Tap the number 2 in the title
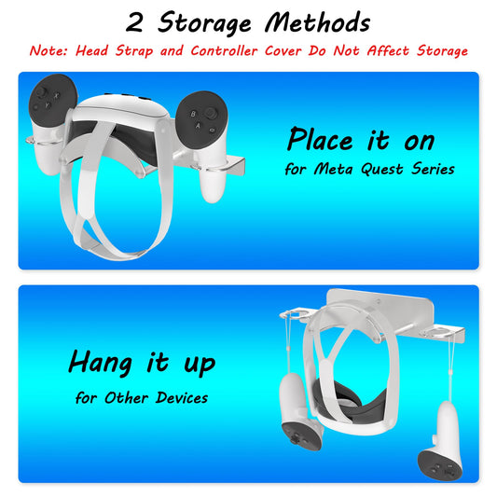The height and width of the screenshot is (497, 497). point(137,22)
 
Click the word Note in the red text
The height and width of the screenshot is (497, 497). point(48,50)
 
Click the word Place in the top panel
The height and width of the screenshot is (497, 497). point(321,140)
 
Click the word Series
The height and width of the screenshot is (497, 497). point(430,170)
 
